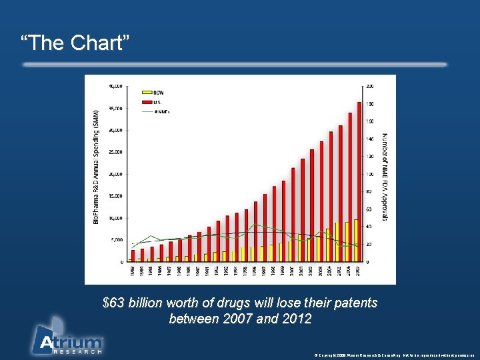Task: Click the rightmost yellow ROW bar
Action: [356, 240]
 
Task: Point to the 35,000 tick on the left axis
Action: [115, 107]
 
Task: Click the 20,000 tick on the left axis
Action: [115, 173]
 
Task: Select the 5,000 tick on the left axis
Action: [117, 239]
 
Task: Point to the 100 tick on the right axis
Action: [371, 173]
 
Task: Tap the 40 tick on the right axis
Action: [369, 227]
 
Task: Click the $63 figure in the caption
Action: [113, 303]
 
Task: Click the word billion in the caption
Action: [145, 303]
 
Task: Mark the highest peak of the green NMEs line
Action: [255, 225]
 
